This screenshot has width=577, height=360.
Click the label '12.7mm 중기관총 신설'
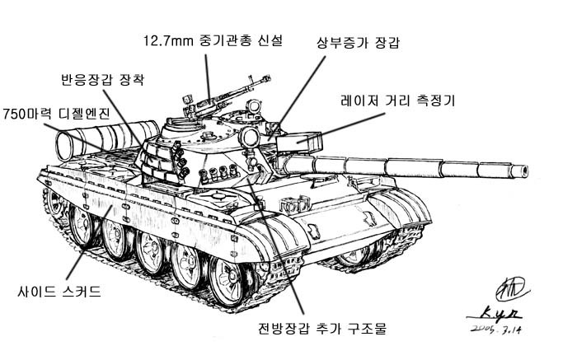[213, 40]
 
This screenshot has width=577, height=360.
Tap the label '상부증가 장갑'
[358, 43]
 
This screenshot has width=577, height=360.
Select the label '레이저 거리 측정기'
[398, 100]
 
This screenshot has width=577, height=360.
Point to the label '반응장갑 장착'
[103, 79]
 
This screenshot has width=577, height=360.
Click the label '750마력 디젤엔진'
[56, 114]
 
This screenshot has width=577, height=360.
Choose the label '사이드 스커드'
[59, 292]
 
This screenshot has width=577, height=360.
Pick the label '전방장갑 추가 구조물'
[322, 328]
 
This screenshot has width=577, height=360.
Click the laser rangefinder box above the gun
[298, 143]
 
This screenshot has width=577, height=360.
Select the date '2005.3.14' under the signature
[496, 330]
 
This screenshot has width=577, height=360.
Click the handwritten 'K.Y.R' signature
[495, 315]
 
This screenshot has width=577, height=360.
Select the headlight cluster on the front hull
[294, 207]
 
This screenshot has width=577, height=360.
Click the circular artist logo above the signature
[511, 288]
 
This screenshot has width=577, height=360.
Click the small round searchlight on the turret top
[253, 106]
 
